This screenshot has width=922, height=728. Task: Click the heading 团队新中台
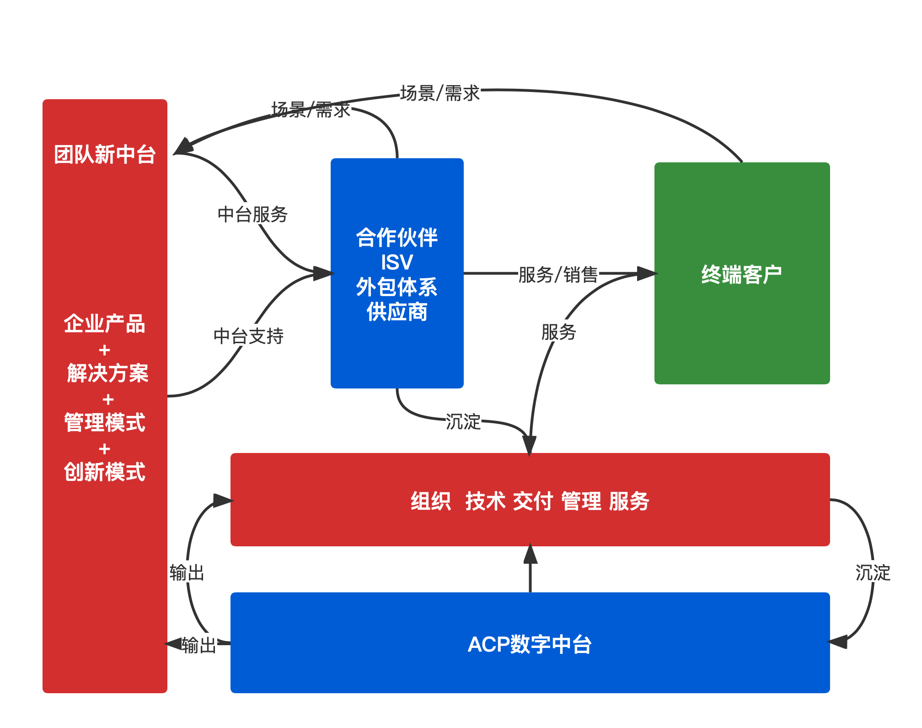coord(105,155)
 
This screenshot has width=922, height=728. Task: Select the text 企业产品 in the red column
coord(105,324)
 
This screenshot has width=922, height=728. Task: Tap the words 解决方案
coord(107,373)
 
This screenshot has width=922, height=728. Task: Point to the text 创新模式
coord(105,472)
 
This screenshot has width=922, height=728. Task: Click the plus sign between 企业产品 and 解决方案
coord(105,350)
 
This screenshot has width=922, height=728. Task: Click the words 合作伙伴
coord(397,238)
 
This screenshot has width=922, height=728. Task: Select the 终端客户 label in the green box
coord(741,275)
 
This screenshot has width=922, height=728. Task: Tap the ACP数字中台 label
coord(530,644)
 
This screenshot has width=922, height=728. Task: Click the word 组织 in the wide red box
coord(430,501)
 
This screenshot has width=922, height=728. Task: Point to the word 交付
coord(533,501)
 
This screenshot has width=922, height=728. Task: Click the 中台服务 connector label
coord(252,214)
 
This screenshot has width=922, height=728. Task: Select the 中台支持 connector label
coord(248,335)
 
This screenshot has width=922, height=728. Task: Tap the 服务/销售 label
coord(558,275)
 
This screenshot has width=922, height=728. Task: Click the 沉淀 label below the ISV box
coord(463,421)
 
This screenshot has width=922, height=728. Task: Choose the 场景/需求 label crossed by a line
coord(311,109)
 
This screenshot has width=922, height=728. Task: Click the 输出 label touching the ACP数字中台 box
coord(199,645)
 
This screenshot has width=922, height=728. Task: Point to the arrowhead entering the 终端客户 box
coord(647,274)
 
